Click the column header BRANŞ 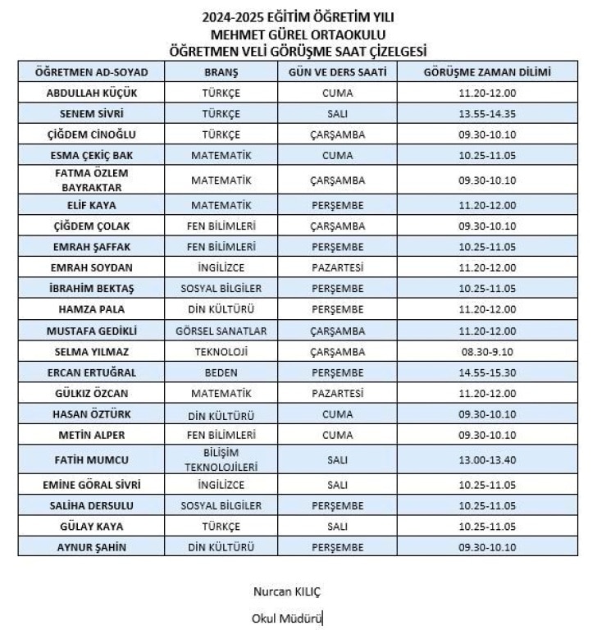tap(221, 72)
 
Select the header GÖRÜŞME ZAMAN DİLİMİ tap(487, 72)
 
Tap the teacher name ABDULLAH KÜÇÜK tap(92, 93)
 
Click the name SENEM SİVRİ tap(92, 114)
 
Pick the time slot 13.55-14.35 tap(487, 114)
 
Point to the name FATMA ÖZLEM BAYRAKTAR tap(92, 180)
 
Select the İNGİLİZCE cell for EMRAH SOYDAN tap(221, 267)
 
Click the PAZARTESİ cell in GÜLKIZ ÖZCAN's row tap(338, 393)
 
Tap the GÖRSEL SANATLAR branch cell tap(221, 331)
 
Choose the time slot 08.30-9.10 tap(487, 352)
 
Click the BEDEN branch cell tap(221, 372)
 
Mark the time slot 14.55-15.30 tap(487, 372)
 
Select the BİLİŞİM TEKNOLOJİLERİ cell tap(221, 459)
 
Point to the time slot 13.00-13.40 tap(487, 459)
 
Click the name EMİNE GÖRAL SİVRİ tap(92, 485)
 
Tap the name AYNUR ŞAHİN tap(92, 547)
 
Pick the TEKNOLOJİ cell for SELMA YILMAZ tap(221, 352)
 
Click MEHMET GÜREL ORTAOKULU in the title tap(298, 34)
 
